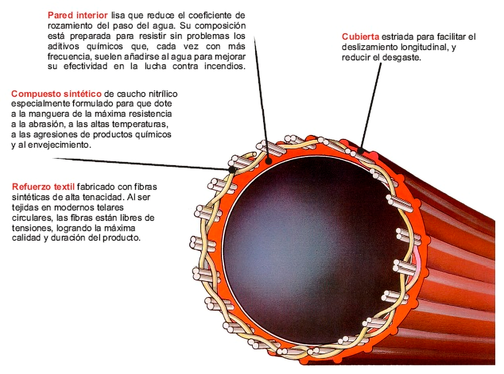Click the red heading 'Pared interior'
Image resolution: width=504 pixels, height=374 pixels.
pyautogui.click(x=78, y=15)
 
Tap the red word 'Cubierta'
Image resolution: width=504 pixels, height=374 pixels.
pyautogui.click(x=360, y=37)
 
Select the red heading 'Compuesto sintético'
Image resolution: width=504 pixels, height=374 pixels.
pyautogui.click(x=56, y=94)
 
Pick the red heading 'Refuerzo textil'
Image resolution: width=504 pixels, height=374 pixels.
pyautogui.click(x=43, y=187)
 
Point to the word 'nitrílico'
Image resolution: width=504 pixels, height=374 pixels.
pyautogui.click(x=163, y=94)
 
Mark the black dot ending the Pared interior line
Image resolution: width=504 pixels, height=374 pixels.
pyautogui.click(x=269, y=161)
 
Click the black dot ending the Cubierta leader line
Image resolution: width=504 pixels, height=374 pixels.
pyautogui.click(x=360, y=151)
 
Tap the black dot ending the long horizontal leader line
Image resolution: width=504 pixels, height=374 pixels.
pyautogui.click(x=232, y=169)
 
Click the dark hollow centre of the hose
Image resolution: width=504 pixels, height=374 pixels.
pyautogui.click(x=305, y=249)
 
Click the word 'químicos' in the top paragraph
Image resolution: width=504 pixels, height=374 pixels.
pyautogui.click(x=105, y=46)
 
